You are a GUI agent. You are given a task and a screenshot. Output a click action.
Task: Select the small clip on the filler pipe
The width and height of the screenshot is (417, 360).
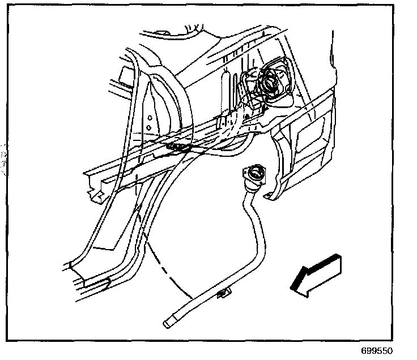tap(224, 293)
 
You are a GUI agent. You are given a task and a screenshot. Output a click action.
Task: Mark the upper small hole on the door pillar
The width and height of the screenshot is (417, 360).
tap(149, 117)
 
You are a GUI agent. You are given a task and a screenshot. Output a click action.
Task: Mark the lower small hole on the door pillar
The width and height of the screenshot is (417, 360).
tap(149, 128)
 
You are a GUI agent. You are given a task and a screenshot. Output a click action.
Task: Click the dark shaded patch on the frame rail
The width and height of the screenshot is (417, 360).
tap(180, 148)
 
